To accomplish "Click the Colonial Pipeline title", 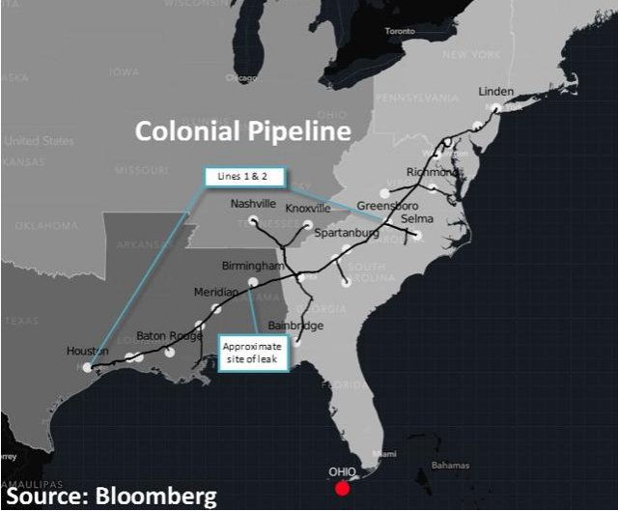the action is [241, 130].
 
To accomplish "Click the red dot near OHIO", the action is [342, 489].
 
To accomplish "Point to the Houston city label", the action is [88, 351].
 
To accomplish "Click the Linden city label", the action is [496, 92].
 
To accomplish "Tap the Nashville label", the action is [253, 205].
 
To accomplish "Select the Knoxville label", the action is [309, 208].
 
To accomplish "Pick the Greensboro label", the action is [386, 206].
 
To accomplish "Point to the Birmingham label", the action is [254, 266].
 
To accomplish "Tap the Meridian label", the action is [216, 292].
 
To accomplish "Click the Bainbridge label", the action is [295, 326].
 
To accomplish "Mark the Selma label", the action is [417, 219].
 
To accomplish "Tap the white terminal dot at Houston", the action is [87, 367].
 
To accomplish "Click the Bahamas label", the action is [450, 466].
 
